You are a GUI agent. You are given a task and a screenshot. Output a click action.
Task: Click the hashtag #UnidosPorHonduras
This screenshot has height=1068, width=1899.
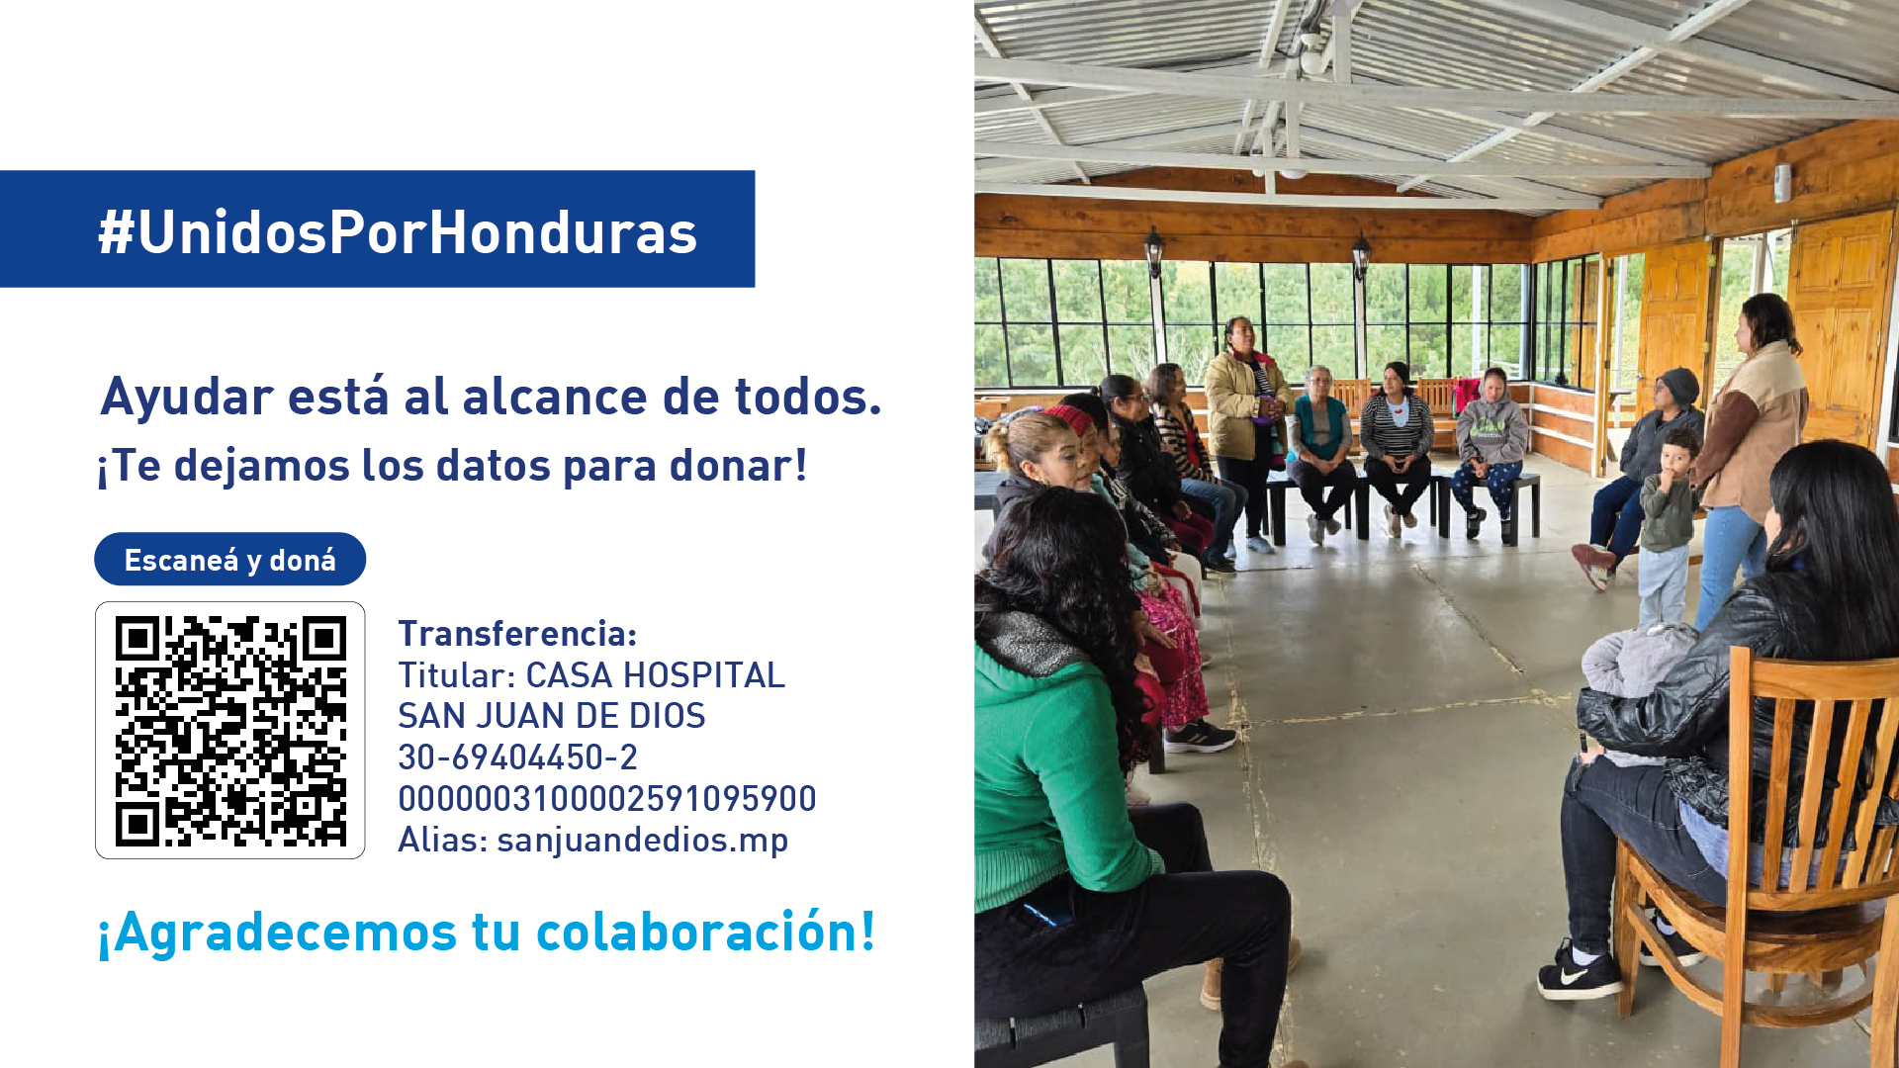pyautogui.click(x=398, y=232)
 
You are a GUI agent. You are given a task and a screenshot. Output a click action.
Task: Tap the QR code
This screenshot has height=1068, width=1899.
pyautogui.click(x=230, y=731)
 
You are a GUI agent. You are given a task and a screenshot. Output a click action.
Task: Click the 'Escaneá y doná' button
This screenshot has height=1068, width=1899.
pyautogui.click(x=230, y=560)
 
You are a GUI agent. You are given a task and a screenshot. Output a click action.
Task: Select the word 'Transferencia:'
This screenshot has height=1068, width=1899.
pyautogui.click(x=517, y=633)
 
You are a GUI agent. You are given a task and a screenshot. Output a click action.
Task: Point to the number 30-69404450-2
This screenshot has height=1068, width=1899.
pyautogui.click(x=517, y=757)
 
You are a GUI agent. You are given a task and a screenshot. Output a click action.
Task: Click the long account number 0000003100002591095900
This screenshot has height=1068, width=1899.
pyautogui.click(x=607, y=798)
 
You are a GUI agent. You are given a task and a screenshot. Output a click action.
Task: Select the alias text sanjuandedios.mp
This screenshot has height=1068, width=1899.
pyautogui.click(x=643, y=840)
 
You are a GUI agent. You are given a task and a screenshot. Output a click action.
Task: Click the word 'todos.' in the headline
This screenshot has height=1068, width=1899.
pyautogui.click(x=807, y=397)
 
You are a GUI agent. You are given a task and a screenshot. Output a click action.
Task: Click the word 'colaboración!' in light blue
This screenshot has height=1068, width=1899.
pyautogui.click(x=705, y=932)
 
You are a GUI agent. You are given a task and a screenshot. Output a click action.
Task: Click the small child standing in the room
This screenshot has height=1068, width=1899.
pyautogui.click(x=1668, y=524)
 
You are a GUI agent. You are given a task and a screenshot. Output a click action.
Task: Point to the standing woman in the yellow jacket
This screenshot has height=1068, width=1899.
pyautogui.click(x=1247, y=415)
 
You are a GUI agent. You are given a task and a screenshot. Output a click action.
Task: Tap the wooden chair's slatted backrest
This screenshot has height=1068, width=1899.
pyautogui.click(x=1810, y=771)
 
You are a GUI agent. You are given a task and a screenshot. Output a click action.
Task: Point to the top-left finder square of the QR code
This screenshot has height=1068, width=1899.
pyautogui.click(x=137, y=639)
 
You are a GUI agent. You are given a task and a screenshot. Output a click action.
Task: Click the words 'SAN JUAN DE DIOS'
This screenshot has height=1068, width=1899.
pyautogui.click(x=552, y=716)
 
